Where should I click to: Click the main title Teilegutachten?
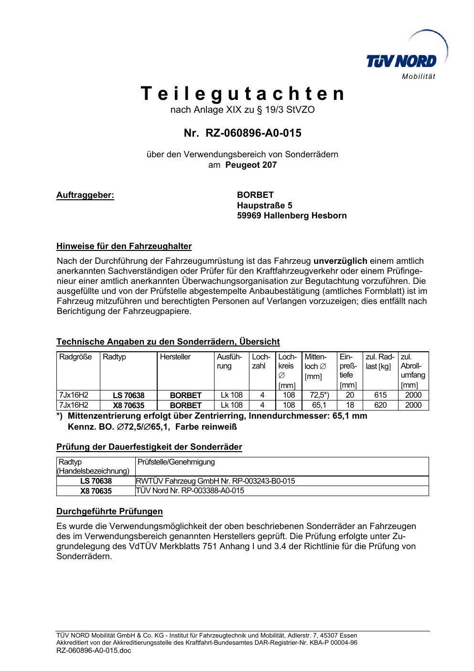pyautogui.click(x=242, y=94)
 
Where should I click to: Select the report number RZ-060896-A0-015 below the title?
pyautogui.click(x=242, y=133)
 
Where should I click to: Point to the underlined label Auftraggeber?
pyautogui.click(x=86, y=195)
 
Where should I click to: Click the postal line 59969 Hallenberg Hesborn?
pyautogui.click(x=291, y=216)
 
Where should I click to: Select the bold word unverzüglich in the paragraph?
pyautogui.click(x=340, y=261)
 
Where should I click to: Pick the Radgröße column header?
pyautogui.click(x=75, y=357)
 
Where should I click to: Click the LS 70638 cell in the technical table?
pyautogui.click(x=129, y=395)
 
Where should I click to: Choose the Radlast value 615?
pyautogui.click(x=380, y=395)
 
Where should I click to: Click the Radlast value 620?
pyautogui.click(x=380, y=405)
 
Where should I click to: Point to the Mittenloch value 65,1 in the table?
pyautogui.click(x=319, y=405)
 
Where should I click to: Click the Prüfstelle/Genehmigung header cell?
pyautogui.click(x=176, y=462)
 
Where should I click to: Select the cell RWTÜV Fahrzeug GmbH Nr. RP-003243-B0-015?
pyautogui.click(x=215, y=481)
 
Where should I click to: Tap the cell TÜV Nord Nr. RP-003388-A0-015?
pyautogui.click(x=190, y=491)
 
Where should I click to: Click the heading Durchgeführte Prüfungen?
pyautogui.click(x=109, y=511)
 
